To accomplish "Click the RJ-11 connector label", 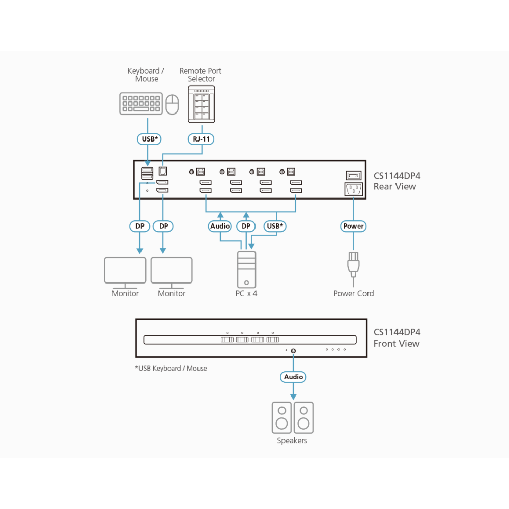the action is pos(201,139).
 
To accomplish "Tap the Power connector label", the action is pos(353,226).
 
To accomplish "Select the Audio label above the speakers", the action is pos(293,377).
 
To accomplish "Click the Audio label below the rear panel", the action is pos(220,226).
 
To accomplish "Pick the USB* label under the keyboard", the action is pos(149,139).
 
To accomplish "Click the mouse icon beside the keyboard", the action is pos(173,104).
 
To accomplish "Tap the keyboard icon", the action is pos(141,103).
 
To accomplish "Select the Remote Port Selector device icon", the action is pos(202,104).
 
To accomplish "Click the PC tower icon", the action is pos(246,270).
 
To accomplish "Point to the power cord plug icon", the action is pos(353,265).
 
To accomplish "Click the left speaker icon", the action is pos(281,417).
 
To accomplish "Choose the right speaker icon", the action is pos(303,417).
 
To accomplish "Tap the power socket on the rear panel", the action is pos(354,189).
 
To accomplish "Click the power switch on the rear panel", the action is pos(354,176).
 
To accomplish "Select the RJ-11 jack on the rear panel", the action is pos(163,171).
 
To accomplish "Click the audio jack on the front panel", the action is pos(293,351).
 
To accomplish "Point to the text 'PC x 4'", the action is pos(246,294).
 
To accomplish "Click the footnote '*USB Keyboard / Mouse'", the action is pos(171,369).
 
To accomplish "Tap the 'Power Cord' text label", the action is pos(354,294).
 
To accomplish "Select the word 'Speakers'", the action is pos(292,440).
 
